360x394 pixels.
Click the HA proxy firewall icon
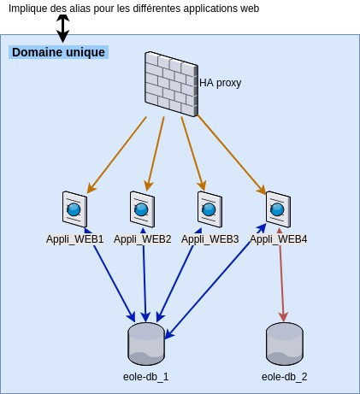click(x=171, y=84)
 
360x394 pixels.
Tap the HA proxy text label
click(x=221, y=83)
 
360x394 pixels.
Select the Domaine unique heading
click(x=58, y=52)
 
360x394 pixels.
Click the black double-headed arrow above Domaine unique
click(x=62, y=28)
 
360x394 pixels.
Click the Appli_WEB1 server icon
click(x=74, y=209)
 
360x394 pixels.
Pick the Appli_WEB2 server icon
click(x=142, y=209)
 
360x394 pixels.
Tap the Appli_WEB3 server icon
click(x=210, y=209)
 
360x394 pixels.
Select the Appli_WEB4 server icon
click(x=278, y=209)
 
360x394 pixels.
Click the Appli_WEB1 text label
click(x=75, y=239)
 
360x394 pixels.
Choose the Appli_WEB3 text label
click(x=210, y=239)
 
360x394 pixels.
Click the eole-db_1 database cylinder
click(x=146, y=344)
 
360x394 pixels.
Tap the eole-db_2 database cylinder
click(x=285, y=344)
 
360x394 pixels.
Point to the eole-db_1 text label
click(x=146, y=377)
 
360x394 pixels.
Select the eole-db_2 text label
click(x=285, y=377)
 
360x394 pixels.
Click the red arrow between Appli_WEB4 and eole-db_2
click(x=281, y=274)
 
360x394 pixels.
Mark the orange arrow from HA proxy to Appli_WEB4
click(x=232, y=155)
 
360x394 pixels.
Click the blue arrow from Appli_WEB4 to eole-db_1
click(x=215, y=281)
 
